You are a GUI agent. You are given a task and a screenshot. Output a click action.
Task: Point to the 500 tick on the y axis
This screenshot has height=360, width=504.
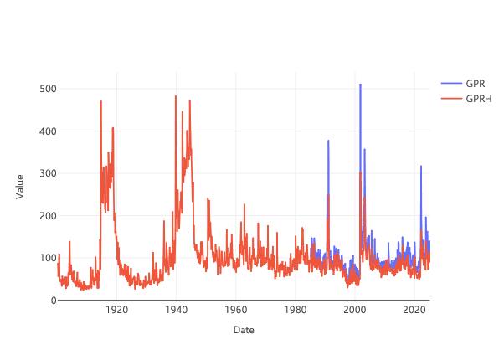(47, 89)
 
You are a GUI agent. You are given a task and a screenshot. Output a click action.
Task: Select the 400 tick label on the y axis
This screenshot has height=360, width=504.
(47, 131)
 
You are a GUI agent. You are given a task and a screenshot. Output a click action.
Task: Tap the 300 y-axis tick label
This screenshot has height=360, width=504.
(47, 173)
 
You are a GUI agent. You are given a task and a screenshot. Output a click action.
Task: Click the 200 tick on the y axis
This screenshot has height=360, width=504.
(47, 216)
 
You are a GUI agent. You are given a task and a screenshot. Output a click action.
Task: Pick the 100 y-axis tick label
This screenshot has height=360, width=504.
(47, 258)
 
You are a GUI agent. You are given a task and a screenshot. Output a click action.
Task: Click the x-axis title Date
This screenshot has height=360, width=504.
(243, 330)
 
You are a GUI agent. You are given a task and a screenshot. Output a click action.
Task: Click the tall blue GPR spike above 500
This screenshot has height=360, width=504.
(361, 85)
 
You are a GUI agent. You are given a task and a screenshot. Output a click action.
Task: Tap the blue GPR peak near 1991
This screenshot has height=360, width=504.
(328, 141)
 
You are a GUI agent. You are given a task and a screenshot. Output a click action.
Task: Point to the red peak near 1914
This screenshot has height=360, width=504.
(100, 102)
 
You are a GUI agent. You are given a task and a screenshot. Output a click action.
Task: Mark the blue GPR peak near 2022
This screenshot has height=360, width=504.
(421, 166)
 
